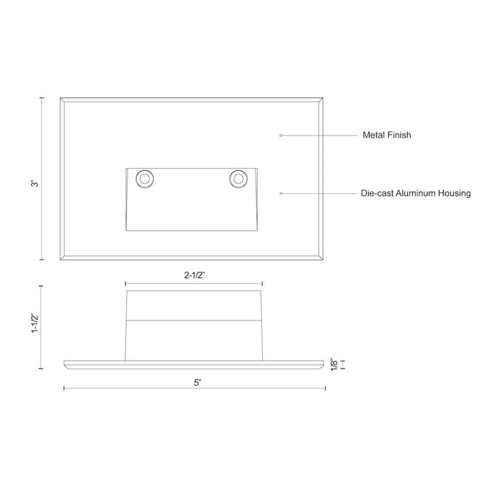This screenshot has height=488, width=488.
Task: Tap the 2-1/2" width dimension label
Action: (194, 275)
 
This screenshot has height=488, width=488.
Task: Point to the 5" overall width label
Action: (197, 382)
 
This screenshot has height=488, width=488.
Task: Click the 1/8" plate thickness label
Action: (333, 365)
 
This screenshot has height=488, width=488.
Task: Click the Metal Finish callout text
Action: (386, 136)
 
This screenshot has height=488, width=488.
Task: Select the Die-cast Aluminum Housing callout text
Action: (415, 193)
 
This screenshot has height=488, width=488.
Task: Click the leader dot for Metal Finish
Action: (281, 136)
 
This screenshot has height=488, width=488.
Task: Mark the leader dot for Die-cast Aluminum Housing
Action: (281, 193)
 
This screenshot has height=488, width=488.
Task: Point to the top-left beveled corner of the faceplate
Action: (62, 100)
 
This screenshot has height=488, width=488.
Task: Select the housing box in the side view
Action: (194, 324)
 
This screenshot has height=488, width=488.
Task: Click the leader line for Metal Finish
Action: (319, 136)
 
